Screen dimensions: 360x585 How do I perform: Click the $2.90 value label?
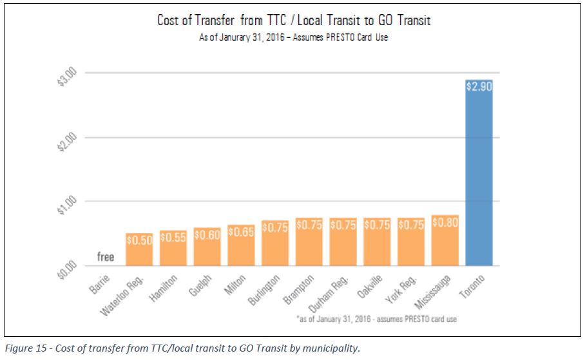[x=479, y=86]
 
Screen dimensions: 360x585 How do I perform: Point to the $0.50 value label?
[x=139, y=240]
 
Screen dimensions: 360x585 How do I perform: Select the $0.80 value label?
[x=445, y=222]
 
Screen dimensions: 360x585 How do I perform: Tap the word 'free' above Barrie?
[x=106, y=257]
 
